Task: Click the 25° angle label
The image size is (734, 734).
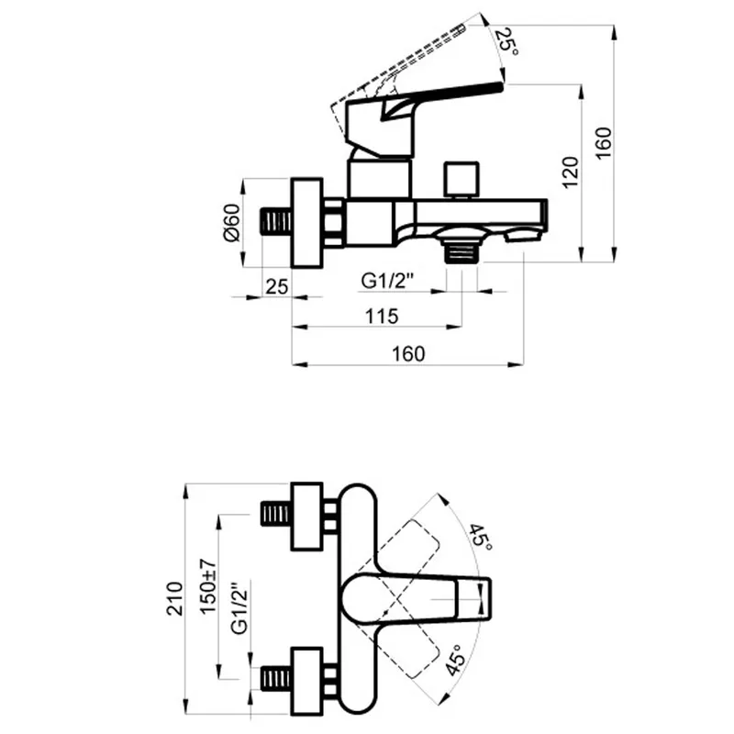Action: coord(506,41)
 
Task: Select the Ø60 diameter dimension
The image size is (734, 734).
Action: coord(232,222)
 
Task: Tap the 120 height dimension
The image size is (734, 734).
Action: coord(570,172)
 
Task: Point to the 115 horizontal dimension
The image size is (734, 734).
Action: coord(382,316)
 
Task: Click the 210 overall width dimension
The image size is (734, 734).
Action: coord(174,598)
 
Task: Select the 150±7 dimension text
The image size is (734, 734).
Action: coord(208,586)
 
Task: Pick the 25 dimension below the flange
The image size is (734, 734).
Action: coord(277,286)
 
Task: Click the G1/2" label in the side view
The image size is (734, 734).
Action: coord(387,281)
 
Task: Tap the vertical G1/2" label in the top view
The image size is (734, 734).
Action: coord(239,608)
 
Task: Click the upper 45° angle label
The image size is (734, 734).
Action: coord(481,538)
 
